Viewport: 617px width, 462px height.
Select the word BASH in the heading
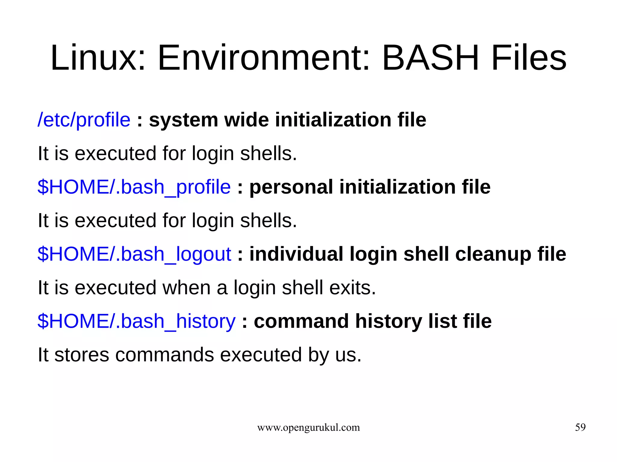click(430, 58)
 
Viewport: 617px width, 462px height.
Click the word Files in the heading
click(529, 58)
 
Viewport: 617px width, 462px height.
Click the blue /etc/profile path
click(84, 120)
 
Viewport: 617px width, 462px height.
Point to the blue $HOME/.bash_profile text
click(134, 187)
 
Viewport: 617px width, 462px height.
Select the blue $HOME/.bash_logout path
click(134, 254)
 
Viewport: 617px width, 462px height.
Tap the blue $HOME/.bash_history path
click(136, 321)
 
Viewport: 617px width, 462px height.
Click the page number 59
click(580, 427)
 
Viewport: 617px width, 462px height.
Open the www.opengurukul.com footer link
click(308, 427)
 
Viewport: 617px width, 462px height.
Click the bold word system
click(183, 120)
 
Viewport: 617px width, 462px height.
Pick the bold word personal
click(291, 187)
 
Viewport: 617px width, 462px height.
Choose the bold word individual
click(296, 254)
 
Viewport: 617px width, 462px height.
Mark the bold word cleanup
click(493, 255)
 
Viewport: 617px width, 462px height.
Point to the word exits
click(352, 288)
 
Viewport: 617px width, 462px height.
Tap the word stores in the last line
click(82, 355)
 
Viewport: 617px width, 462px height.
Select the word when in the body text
click(186, 288)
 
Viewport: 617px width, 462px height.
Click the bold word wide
click(246, 120)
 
